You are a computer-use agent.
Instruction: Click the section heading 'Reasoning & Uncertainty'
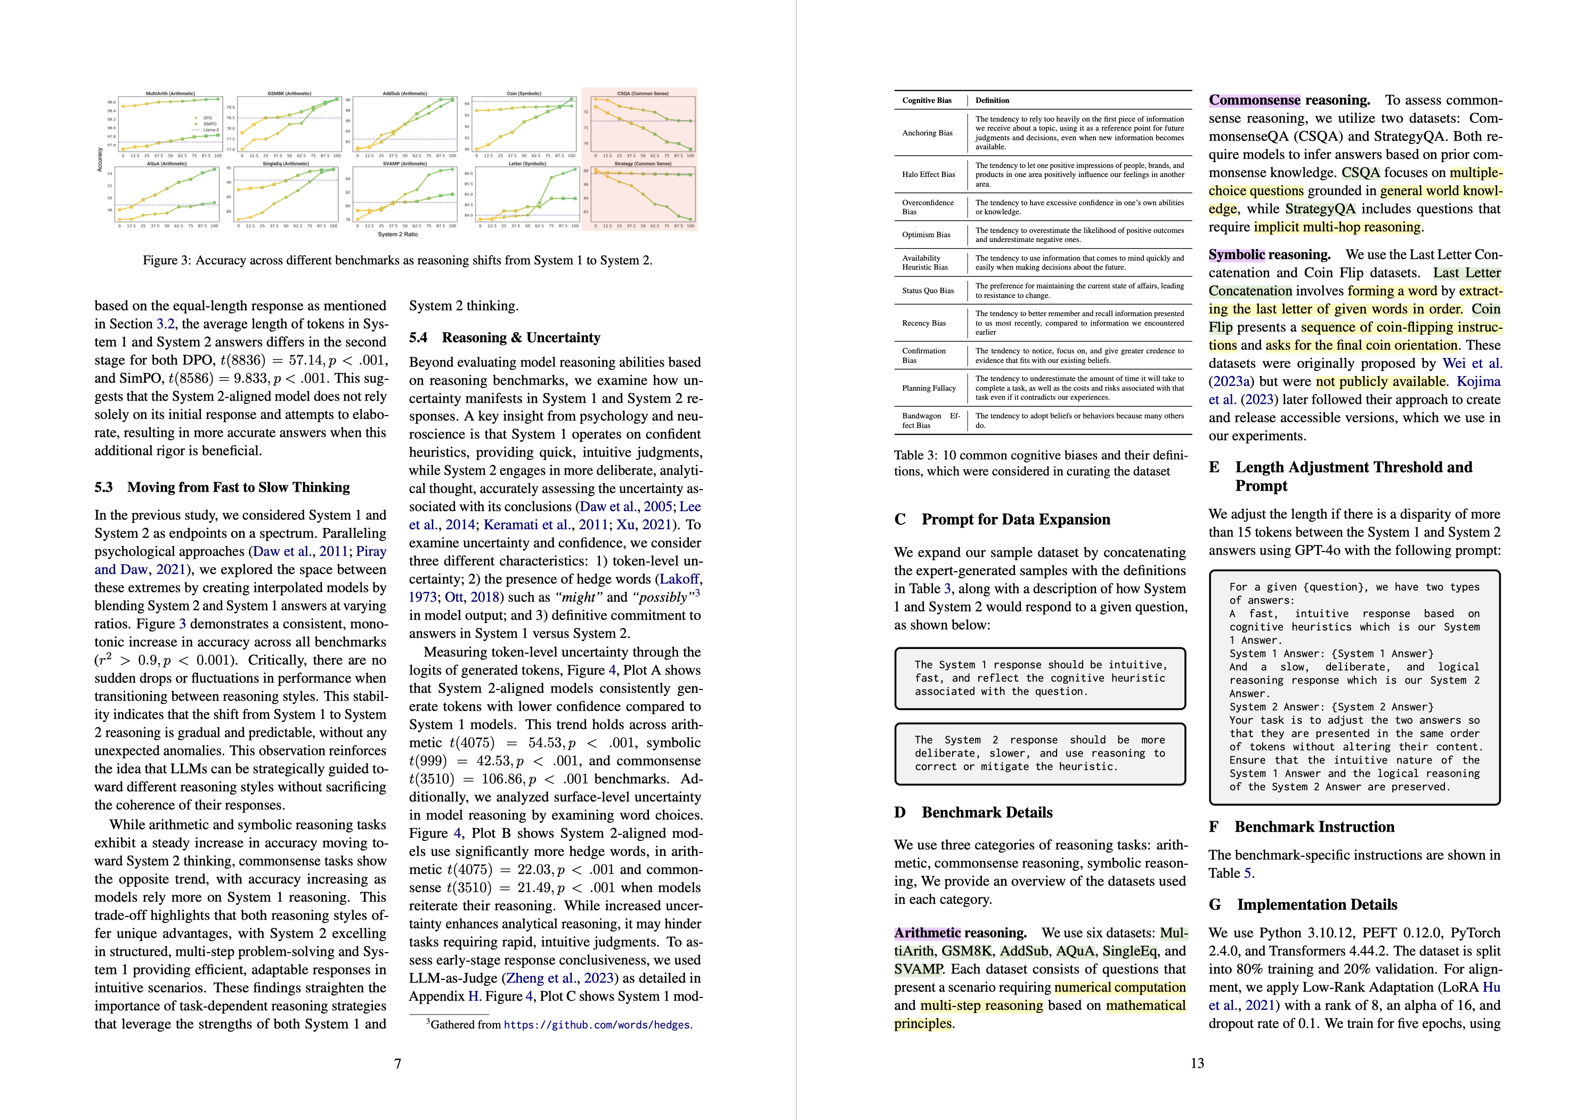[521, 338]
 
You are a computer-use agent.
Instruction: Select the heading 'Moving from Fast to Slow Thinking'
[239, 488]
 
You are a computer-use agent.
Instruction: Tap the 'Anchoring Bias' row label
[927, 133]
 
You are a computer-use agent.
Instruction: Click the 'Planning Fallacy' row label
[929, 388]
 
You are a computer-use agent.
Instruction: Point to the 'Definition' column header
[992, 101]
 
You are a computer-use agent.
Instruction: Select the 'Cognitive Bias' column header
[927, 101]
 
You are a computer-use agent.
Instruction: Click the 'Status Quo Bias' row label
[928, 290]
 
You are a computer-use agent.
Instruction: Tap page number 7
[397, 1063]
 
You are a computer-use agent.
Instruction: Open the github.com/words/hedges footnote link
[597, 1025]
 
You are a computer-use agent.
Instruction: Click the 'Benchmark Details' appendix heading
[987, 813]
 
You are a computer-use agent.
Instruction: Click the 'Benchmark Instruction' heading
[1314, 826]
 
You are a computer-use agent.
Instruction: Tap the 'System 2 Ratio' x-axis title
[397, 234]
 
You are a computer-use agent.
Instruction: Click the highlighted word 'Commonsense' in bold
[1254, 101]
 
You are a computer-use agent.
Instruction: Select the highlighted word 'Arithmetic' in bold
[927, 934]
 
